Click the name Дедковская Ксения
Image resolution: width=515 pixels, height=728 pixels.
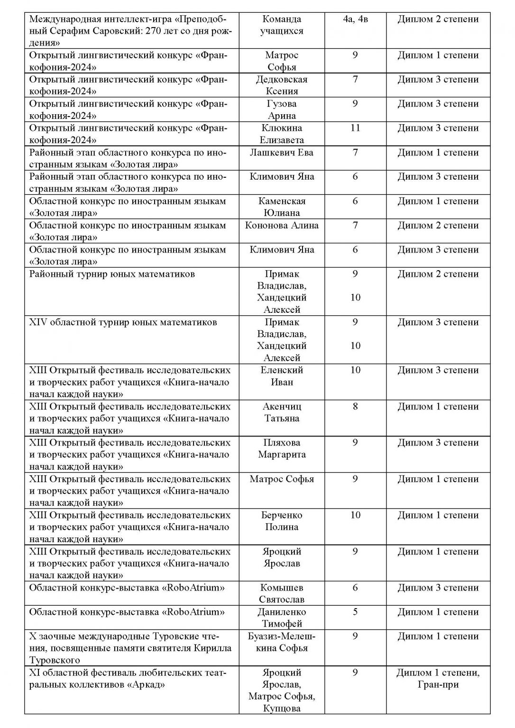click(282, 85)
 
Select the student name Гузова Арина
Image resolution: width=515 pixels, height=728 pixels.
click(282, 109)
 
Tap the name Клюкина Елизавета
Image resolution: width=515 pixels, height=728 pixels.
click(282, 134)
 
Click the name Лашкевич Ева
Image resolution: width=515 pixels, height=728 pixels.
click(282, 153)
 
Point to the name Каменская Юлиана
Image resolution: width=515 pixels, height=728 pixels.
click(282, 207)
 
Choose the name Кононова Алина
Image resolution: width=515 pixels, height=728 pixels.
click(282, 225)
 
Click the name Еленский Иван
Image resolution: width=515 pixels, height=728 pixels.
click(282, 376)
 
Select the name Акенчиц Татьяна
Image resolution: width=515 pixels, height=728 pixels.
click(282, 412)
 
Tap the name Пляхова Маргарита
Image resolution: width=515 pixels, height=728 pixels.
click(282, 448)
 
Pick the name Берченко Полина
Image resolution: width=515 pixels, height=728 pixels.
click(282, 521)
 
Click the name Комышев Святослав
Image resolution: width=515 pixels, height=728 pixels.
click(282, 593)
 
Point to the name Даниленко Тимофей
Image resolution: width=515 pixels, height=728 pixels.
click(282, 618)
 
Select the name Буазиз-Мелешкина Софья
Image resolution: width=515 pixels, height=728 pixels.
click(282, 642)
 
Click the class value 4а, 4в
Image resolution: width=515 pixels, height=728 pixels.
click(355, 19)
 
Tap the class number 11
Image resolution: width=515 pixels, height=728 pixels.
click(355, 128)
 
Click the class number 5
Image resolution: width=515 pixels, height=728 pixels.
click(355, 612)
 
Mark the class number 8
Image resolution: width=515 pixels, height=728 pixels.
click(355, 407)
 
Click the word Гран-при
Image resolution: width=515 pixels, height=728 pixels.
click(438, 684)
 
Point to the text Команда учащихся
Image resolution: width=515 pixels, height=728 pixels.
click(282, 25)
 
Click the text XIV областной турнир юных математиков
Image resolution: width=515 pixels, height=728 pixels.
click(123, 322)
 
